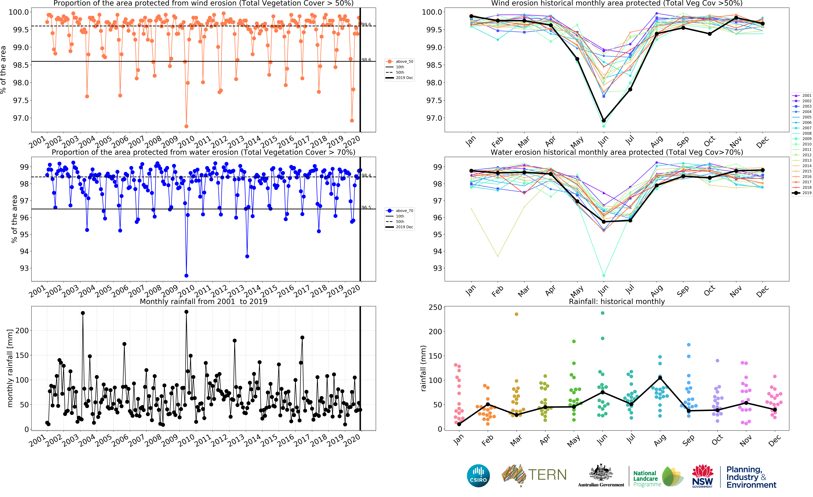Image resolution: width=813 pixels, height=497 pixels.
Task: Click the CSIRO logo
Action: tap(478, 476)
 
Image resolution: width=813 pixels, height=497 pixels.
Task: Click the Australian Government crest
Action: tap(601, 473)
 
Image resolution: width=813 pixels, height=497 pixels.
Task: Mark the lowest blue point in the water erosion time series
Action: tap(186, 276)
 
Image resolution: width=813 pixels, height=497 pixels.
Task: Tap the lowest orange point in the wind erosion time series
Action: tap(186, 126)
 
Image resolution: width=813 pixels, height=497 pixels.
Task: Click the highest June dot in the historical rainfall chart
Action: tap(602, 313)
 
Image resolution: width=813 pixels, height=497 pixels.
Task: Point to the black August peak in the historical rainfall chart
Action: tap(660, 378)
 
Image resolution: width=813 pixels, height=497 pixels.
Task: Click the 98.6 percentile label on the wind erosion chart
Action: tap(366, 60)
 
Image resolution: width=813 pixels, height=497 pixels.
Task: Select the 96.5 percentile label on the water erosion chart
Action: tap(366, 207)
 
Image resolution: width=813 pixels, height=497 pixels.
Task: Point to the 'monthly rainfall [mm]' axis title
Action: tap(10, 368)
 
